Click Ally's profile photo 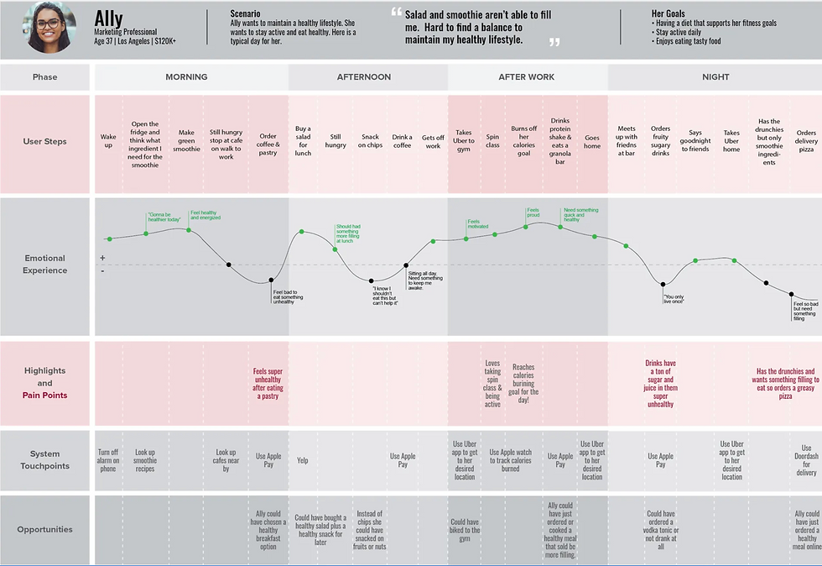point(46,28)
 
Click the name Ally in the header point(109,18)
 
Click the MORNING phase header point(186,77)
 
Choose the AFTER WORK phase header point(527,77)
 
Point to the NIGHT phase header point(715,77)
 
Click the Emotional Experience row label point(44,265)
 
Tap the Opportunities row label point(44,530)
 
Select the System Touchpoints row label point(44,460)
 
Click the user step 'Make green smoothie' point(187,140)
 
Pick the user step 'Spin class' point(492,140)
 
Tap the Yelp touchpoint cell point(303,460)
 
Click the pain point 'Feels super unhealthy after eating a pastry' point(268,383)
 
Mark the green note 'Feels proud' point(533,213)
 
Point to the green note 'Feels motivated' point(478,223)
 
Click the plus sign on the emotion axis point(102,258)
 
